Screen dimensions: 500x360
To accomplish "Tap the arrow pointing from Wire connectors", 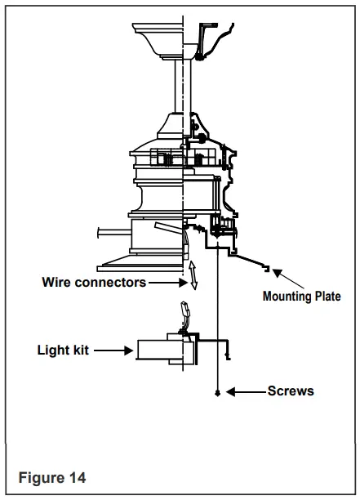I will tap(167, 283).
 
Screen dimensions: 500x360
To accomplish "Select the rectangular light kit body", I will tap(163, 351).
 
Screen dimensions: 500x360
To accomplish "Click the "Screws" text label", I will tap(291, 391).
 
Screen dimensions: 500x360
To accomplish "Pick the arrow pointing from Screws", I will tap(246, 392).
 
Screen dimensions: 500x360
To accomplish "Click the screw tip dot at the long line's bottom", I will tap(218, 393).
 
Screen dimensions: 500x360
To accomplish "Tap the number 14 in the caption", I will tap(76, 477).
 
